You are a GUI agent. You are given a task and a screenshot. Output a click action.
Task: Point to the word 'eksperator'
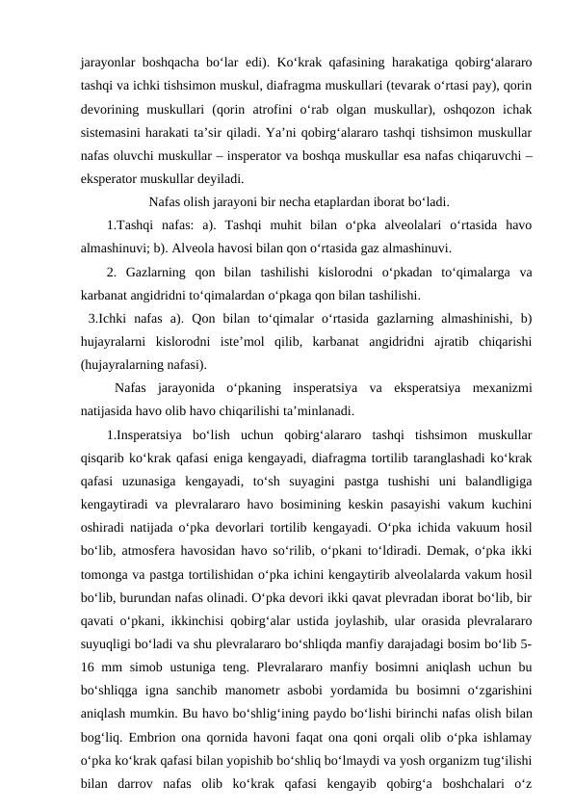(x=115, y=178)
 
